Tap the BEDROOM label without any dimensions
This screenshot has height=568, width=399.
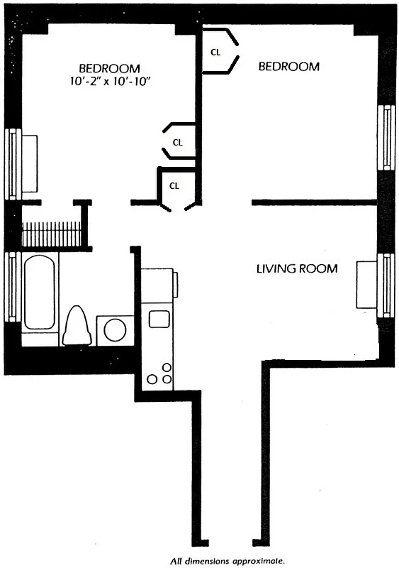(288, 67)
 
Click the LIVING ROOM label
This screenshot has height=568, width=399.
(296, 269)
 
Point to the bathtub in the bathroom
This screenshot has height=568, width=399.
(39, 293)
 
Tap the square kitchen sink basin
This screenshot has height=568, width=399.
(157, 318)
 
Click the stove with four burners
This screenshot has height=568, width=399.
(159, 372)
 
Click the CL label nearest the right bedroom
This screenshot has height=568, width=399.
(215, 52)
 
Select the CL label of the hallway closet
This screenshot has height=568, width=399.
(174, 185)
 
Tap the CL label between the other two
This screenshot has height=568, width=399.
(178, 142)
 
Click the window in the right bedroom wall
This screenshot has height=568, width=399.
(386, 137)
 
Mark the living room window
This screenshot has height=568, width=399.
(386, 285)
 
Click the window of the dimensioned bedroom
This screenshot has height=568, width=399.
(11, 164)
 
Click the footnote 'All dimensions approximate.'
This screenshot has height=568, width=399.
(226, 559)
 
